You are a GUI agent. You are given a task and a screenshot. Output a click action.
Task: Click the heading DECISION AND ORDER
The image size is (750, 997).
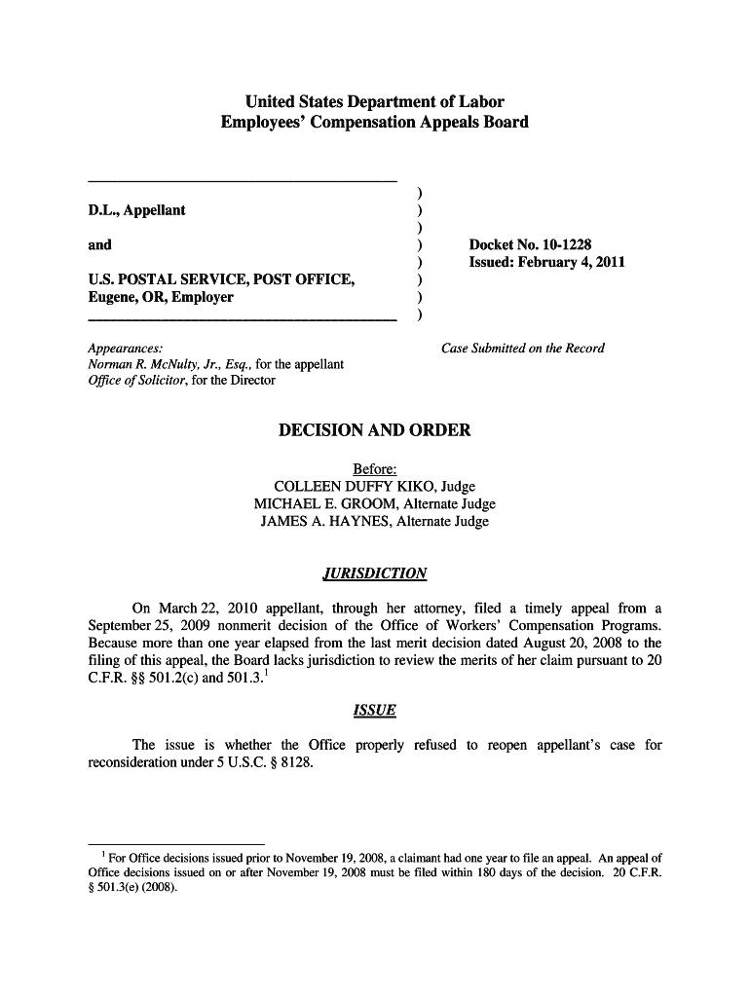[x=374, y=430]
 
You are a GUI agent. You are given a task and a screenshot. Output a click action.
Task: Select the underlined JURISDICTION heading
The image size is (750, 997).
[x=374, y=573]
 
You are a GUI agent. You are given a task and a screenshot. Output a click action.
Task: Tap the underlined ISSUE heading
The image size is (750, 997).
[x=374, y=711]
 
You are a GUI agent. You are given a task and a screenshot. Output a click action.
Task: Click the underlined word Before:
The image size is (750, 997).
[x=374, y=469]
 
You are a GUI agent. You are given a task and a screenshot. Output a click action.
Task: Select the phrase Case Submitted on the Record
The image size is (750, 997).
[x=522, y=349]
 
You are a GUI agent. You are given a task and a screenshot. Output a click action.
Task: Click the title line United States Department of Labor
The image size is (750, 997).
[x=374, y=101]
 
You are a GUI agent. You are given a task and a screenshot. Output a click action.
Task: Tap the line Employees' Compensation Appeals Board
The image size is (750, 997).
[x=374, y=123]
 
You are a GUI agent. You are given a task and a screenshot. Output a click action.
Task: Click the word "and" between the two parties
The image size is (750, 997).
[x=99, y=244]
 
